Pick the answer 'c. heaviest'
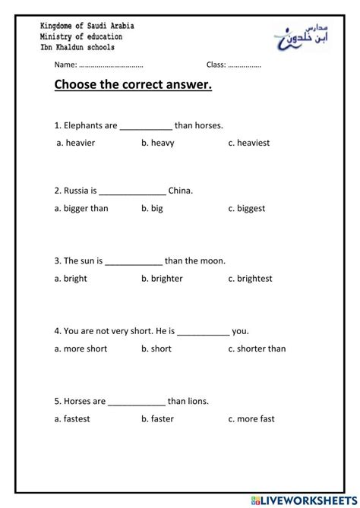click(248, 143)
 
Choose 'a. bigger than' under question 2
click(82, 208)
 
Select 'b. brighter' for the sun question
click(162, 279)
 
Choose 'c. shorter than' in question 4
click(257, 349)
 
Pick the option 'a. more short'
click(81, 349)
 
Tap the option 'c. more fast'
click(251, 418)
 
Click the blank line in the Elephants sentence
click(146, 127)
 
